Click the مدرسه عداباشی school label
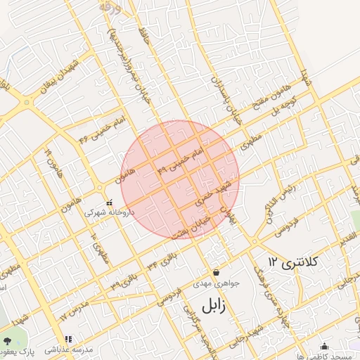pyautogui.click(x=69, y=349)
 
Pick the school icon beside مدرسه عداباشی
pyautogui.click(x=68, y=340)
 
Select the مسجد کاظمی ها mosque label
pyautogui.click(x=324, y=356)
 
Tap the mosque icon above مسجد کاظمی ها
pyautogui.click(x=323, y=346)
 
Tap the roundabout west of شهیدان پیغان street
pyautogui.click(x=27, y=103)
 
